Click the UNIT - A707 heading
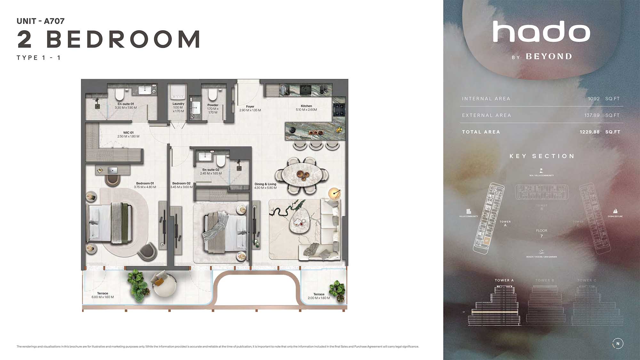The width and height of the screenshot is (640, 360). tap(41, 21)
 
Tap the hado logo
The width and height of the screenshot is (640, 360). tap(541, 32)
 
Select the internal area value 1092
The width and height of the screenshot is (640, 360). tap(594, 99)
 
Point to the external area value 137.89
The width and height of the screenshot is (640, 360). tap(592, 115)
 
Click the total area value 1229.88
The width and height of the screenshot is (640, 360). tap(589, 132)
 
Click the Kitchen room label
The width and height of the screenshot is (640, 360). tap(306, 106)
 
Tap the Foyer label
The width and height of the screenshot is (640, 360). tap(250, 107)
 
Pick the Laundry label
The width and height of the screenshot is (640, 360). tap(178, 104)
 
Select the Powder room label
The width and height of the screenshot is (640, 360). tap(213, 105)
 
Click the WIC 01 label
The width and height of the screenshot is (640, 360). tap(128, 132)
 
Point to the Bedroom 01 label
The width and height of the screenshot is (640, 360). tap(145, 183)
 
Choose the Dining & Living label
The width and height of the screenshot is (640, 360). tap(265, 184)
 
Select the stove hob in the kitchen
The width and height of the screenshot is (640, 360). tap(339, 109)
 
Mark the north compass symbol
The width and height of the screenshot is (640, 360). tap(618, 343)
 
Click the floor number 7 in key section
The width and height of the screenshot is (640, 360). tap(541, 236)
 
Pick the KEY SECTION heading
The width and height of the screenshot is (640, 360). tap(542, 156)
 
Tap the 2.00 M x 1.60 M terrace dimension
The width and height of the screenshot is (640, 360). tap(319, 298)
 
